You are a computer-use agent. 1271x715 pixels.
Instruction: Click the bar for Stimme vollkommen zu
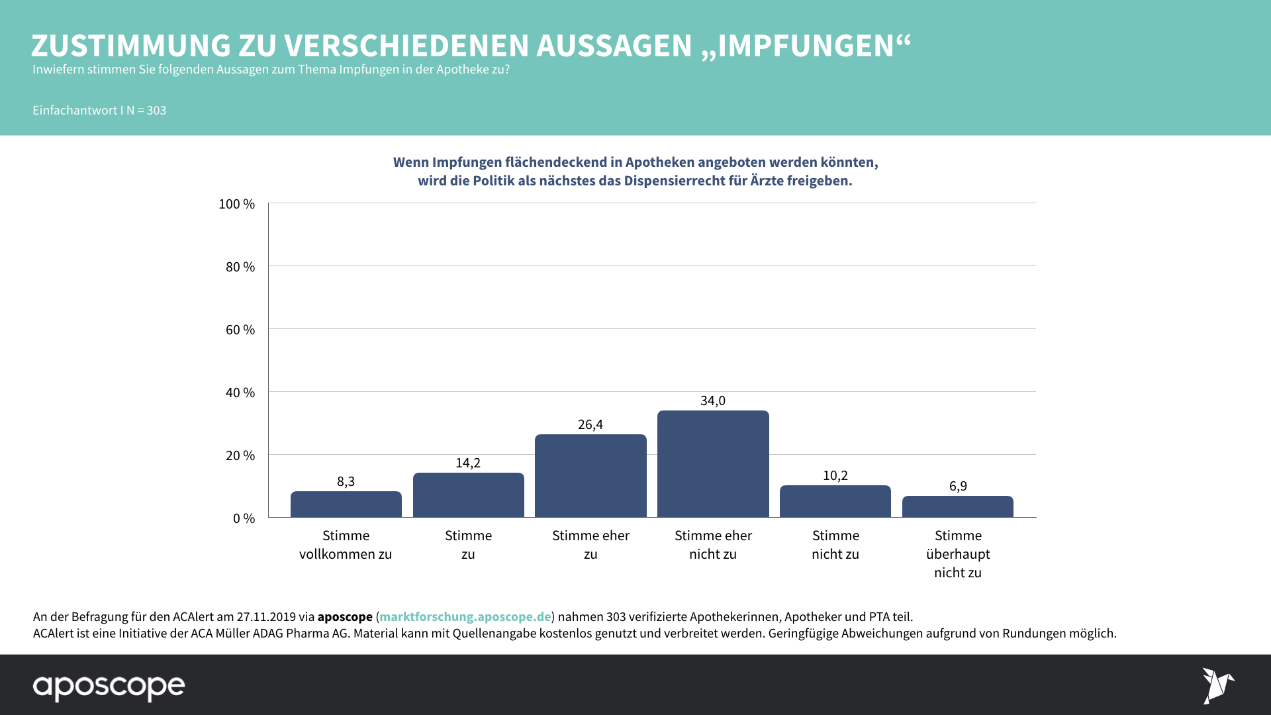click(346, 504)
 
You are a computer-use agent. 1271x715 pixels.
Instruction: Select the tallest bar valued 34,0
click(713, 464)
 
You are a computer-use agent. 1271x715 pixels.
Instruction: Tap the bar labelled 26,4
click(590, 476)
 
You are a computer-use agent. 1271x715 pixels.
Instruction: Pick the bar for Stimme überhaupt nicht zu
click(957, 506)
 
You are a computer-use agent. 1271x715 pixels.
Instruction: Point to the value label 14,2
click(468, 463)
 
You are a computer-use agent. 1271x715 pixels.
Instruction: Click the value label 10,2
click(835, 475)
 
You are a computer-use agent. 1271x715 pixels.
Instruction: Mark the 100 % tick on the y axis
click(236, 204)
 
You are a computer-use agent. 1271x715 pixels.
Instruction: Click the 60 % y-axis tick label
click(240, 330)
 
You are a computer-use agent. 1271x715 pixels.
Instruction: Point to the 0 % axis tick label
click(244, 518)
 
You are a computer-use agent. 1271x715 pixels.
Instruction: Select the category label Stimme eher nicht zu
click(713, 545)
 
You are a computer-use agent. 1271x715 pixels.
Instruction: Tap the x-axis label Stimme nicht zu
click(835, 545)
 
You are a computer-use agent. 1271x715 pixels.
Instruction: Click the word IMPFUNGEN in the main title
click(806, 46)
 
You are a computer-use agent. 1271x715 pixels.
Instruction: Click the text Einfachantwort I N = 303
click(99, 111)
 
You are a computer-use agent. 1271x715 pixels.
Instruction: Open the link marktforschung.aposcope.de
click(465, 617)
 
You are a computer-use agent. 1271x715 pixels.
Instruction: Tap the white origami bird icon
click(1217, 685)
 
